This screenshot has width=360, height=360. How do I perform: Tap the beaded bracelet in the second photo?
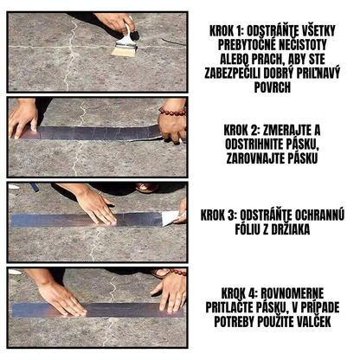(x=171, y=111)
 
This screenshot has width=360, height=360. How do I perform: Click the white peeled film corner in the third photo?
(x=170, y=217)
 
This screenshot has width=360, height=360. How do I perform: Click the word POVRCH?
(x=273, y=87)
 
